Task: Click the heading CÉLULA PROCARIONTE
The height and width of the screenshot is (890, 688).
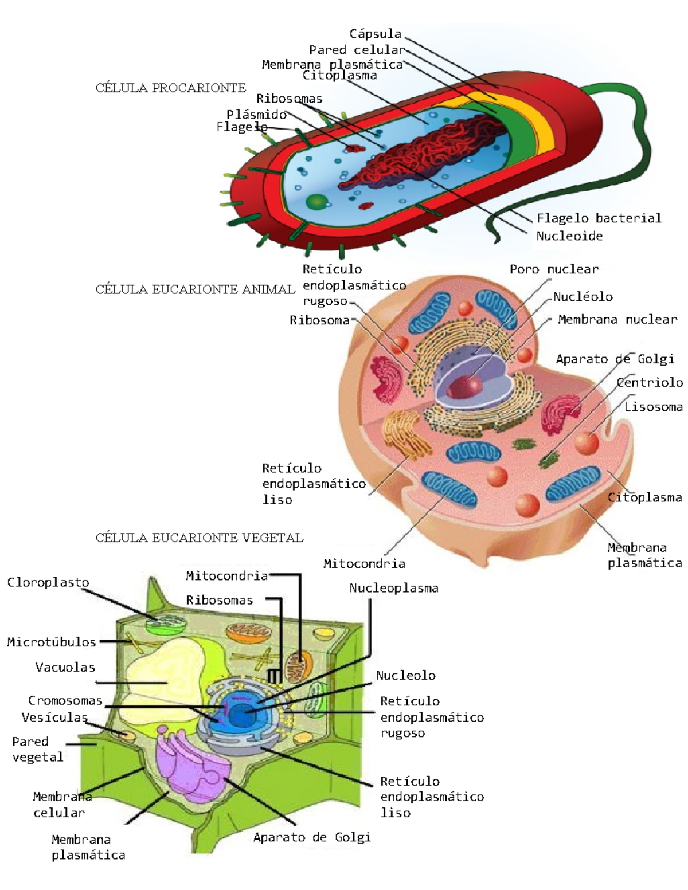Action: pos(170,88)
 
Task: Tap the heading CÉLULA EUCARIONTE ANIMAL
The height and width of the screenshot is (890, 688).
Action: pos(195,289)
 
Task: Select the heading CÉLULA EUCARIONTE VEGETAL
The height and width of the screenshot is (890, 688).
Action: pos(199,538)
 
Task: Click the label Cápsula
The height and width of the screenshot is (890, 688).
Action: pos(375,34)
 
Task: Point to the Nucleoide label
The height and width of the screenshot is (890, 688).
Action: pos(569,236)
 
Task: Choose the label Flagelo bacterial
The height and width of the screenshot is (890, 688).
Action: pos(599,218)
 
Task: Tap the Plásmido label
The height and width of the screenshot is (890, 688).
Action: pos(256,114)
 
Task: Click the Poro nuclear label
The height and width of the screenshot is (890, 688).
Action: pos(554,269)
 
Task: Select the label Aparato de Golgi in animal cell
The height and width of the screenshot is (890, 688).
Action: pos(615,359)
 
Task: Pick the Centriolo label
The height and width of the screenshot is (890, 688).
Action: pos(650,382)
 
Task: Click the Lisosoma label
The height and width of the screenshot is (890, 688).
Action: pos(653,407)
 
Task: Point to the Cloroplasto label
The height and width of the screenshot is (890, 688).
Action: pos(48,582)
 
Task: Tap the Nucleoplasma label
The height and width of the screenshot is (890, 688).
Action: pos(393,588)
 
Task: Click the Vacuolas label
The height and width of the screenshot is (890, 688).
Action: pos(65,667)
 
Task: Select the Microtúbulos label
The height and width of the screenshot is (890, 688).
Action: pos(51,642)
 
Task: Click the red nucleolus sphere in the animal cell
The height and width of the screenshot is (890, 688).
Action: pos(465,387)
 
